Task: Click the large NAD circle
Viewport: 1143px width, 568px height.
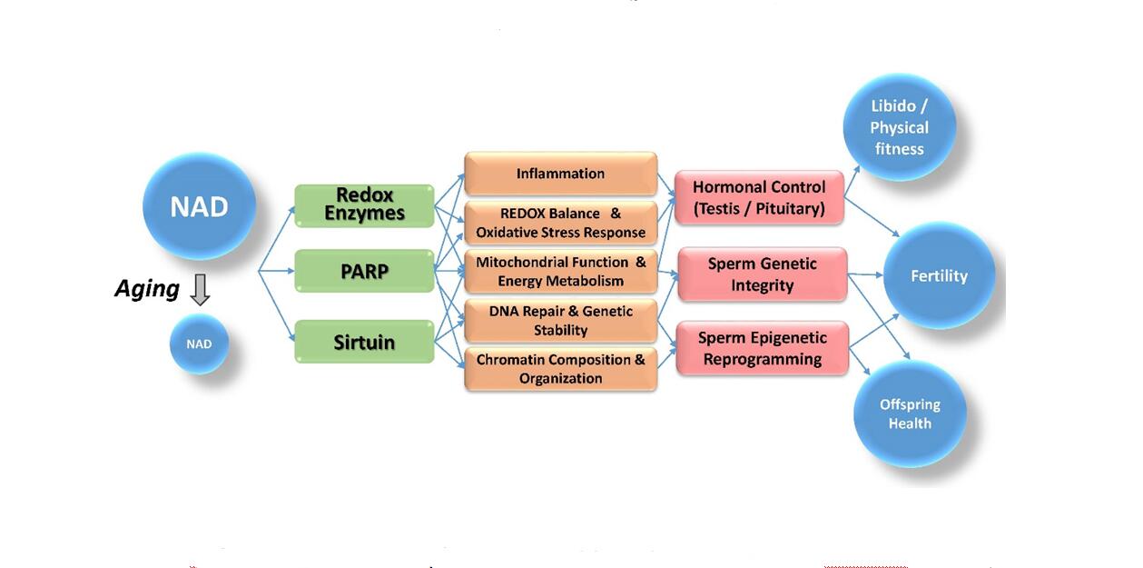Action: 199,206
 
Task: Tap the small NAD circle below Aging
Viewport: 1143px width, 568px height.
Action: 199,344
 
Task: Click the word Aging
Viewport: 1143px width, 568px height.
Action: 147,289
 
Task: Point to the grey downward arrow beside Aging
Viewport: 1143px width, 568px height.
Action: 200,289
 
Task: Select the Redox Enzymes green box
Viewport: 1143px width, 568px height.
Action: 364,205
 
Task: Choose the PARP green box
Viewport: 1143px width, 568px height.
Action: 364,271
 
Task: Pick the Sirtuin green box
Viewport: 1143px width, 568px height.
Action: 364,343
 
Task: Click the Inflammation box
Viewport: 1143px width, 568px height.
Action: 560,174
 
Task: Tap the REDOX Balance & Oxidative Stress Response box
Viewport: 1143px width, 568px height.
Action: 560,224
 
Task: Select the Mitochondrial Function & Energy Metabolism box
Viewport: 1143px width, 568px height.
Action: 560,272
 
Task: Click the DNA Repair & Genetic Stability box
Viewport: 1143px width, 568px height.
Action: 560,320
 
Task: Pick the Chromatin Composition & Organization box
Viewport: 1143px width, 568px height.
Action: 560,369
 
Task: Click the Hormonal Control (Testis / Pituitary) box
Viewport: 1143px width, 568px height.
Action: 759,197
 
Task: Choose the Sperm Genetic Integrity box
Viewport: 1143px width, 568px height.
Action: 762,274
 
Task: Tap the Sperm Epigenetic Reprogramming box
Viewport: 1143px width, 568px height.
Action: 762,348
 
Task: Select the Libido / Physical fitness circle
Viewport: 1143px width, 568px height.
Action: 899,127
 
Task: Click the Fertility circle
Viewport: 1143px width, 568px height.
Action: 939,276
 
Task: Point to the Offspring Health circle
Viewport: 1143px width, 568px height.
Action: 910,414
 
